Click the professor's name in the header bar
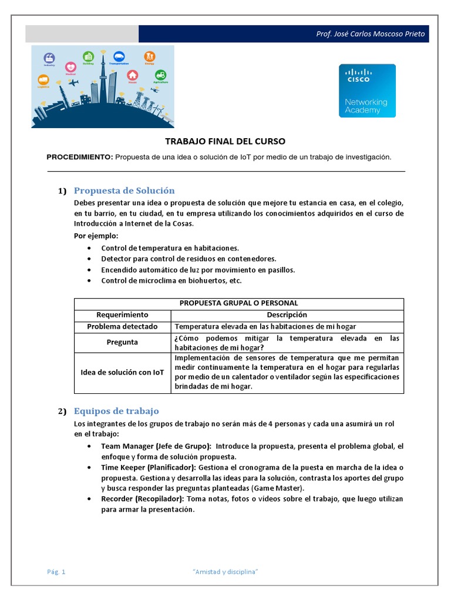[x=370, y=34]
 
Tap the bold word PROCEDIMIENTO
[x=79, y=157]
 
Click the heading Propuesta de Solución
[x=124, y=190]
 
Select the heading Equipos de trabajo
[x=116, y=411]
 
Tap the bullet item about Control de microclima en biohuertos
[x=171, y=280]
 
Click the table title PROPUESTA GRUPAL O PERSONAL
[x=238, y=303]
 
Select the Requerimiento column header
[x=122, y=315]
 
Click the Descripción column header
[x=287, y=315]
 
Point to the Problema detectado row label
[x=122, y=326]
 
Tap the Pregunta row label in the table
[x=122, y=342]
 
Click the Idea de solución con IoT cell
[x=122, y=372]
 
